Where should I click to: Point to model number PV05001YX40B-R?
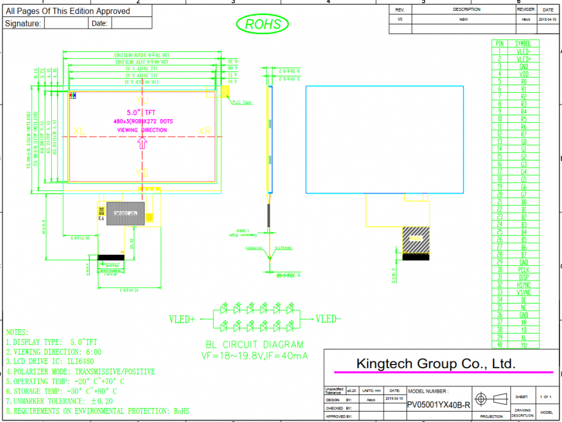[x=439, y=405]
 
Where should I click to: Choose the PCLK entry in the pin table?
[x=524, y=269]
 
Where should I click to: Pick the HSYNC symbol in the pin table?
[x=524, y=285]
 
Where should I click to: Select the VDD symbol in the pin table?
[x=524, y=74]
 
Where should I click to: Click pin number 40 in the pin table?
[x=499, y=345]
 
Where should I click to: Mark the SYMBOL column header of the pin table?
[x=524, y=44]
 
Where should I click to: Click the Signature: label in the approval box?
[x=23, y=23]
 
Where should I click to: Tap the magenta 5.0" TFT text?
[x=141, y=113]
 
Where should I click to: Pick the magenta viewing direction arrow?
[x=143, y=143]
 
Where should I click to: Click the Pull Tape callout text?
[x=243, y=103]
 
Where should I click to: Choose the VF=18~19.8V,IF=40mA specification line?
[x=254, y=355]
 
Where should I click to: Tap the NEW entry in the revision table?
[x=463, y=20]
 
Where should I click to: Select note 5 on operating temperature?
[x=61, y=381]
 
